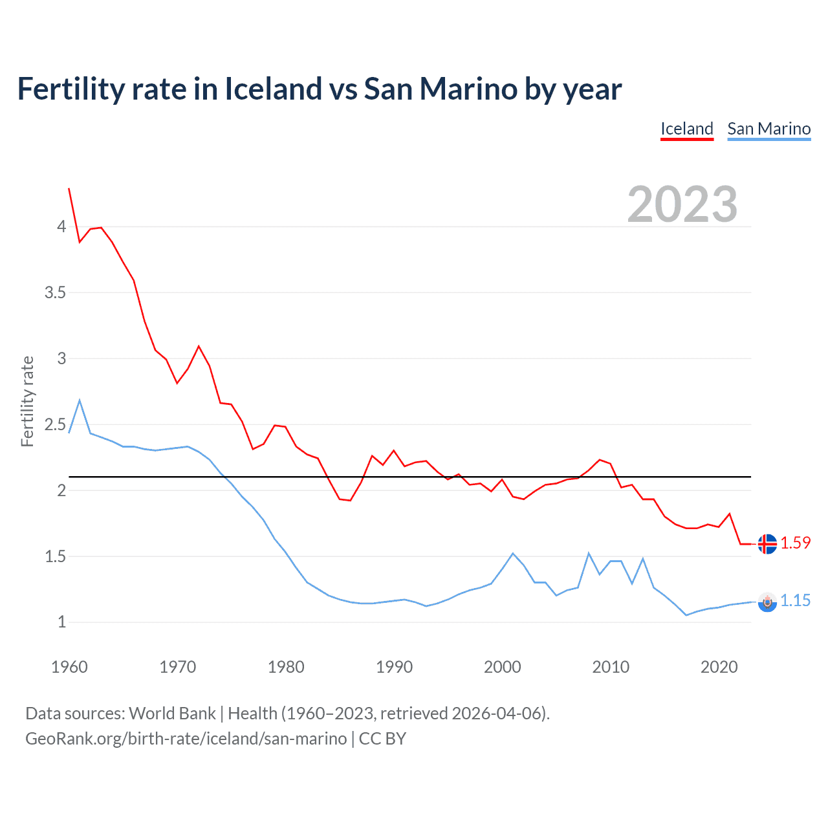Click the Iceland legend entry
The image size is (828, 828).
point(686,129)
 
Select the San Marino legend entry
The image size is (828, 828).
point(768,129)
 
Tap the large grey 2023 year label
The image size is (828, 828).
point(682,204)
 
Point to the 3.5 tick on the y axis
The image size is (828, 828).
point(55,292)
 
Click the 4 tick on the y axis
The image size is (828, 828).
point(61,226)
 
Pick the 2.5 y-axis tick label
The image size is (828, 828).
point(55,424)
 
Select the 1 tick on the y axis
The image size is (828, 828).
point(61,622)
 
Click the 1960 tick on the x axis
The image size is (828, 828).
point(69,667)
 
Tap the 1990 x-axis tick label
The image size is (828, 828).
point(394,667)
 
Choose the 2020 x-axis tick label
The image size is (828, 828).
point(719,667)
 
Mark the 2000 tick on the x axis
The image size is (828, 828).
point(502,667)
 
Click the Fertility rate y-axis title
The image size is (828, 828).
point(27,401)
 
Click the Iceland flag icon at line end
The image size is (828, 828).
point(767,544)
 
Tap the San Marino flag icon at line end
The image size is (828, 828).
point(767,602)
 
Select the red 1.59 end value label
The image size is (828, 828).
point(795,543)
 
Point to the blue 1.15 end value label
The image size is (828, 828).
point(795,601)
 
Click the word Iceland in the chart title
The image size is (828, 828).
point(273,89)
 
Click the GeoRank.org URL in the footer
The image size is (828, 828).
point(186,739)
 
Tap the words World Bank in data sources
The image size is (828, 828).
point(172,714)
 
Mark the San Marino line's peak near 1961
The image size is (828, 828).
point(80,400)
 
